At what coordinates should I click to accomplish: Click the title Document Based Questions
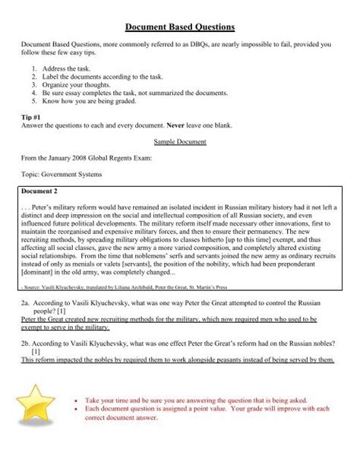(x=179, y=27)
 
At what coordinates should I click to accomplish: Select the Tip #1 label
(x=33, y=118)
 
